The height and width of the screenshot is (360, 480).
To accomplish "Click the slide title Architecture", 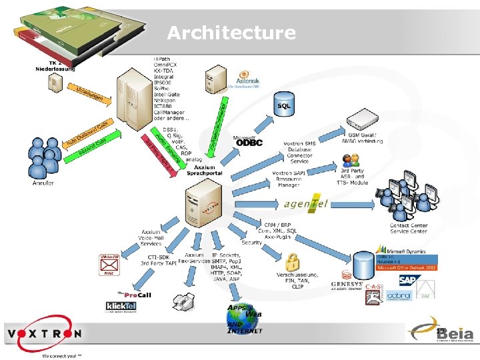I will point(231,33).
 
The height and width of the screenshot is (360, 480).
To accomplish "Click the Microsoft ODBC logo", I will point(248,141).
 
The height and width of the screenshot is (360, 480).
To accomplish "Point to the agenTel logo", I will point(306,204).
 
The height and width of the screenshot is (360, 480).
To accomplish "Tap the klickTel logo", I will point(121,307).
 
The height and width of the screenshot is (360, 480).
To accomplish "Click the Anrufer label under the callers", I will point(43,183).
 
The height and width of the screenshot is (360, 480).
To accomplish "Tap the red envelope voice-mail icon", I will point(109,265).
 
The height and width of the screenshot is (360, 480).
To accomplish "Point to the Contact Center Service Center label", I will point(409,228).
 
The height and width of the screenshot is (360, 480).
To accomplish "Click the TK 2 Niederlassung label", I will point(55,66).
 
